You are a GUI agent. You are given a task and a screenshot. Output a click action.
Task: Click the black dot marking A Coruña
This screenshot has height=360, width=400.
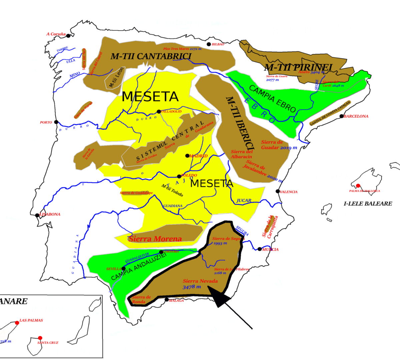(68, 36)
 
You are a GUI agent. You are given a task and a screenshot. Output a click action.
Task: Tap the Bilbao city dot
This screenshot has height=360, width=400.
(209, 44)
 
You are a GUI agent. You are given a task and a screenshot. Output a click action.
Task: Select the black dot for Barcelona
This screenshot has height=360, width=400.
(341, 116)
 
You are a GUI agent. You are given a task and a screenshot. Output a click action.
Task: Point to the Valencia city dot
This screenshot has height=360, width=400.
(278, 191)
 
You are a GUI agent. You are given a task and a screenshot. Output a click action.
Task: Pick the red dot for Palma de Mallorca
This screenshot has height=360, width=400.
(358, 186)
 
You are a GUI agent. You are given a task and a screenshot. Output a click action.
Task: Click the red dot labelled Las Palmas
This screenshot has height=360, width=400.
(17, 323)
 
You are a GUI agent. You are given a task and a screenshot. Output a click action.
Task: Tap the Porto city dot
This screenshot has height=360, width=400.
(56, 122)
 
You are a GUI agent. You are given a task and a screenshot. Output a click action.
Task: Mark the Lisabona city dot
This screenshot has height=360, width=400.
(37, 215)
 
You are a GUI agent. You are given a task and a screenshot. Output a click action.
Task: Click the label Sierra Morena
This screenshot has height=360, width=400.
(155, 239)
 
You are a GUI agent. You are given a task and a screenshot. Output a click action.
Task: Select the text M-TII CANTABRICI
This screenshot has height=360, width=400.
(151, 56)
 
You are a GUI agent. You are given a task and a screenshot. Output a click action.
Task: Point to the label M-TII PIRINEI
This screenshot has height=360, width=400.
(298, 67)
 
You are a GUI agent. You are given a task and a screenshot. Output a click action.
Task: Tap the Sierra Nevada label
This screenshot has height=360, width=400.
(200, 281)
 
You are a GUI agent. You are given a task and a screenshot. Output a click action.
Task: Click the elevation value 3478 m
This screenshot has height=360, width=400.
(192, 287)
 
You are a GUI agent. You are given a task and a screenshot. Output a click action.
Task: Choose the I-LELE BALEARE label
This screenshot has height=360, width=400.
(368, 203)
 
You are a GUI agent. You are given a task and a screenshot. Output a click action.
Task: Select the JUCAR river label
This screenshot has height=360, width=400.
(244, 201)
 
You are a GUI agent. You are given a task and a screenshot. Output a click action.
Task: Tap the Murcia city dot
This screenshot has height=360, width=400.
(260, 249)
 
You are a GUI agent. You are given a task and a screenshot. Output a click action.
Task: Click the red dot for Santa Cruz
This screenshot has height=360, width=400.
(40, 338)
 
